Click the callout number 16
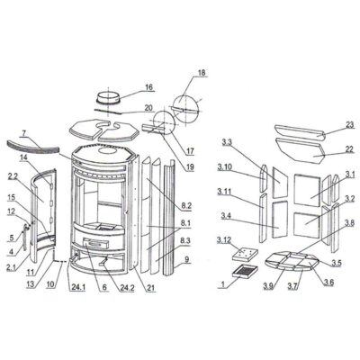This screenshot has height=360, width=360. pos(149,87)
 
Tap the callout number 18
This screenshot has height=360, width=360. pos(202,73)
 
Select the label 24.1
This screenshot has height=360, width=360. pos(78,287)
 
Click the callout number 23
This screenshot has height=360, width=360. pos(350,124)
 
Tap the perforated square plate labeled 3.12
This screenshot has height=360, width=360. pos(245,254)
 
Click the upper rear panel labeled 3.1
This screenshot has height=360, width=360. pos(307,190)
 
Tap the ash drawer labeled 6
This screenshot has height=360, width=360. pos(96,242)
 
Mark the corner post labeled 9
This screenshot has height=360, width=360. pos(168,218)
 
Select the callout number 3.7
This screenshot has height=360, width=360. pos(292,286)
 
